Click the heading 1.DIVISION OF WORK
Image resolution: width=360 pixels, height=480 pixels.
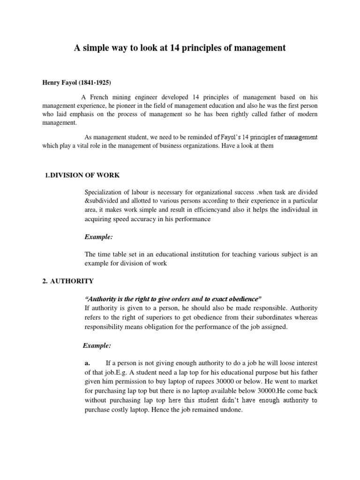coord(82,175)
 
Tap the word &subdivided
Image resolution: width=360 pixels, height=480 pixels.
coord(102,201)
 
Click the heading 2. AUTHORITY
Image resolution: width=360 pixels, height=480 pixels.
coord(68,281)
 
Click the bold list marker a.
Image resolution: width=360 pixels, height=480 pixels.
coord(87,363)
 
